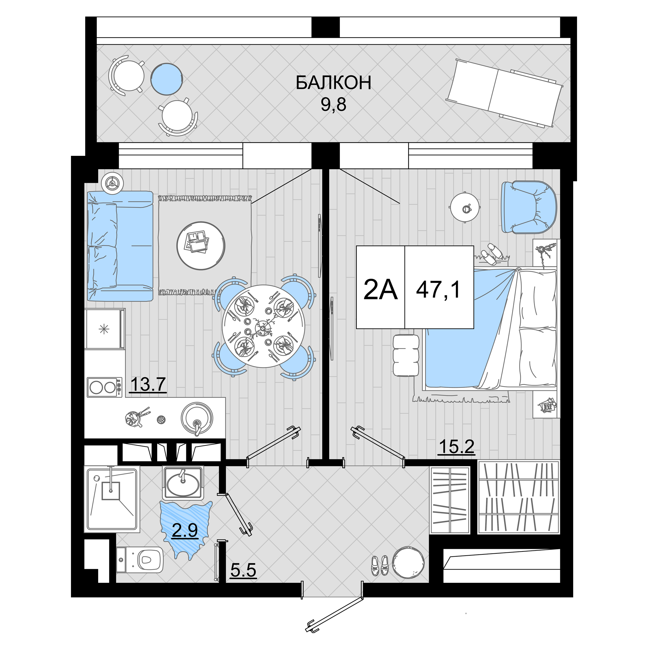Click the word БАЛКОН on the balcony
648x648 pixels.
pos(333,83)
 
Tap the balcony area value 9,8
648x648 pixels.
pos(333,105)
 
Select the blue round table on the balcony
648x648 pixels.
pos(166,79)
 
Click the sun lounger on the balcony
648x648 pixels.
pos(504,93)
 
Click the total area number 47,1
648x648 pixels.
pos(438,289)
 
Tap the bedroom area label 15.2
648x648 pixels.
pos(457,446)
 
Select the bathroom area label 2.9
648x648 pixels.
pos(184,530)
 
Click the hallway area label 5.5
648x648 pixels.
pos(243,570)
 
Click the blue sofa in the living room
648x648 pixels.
pos(120,246)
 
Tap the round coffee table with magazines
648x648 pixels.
pos(201,246)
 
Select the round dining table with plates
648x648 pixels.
pos(264,326)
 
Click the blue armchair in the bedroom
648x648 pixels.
pos(529,207)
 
